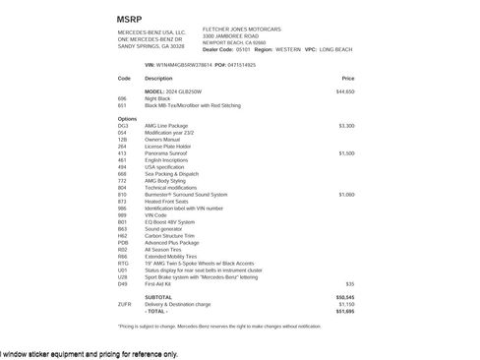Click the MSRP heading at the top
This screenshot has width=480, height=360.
click(128, 19)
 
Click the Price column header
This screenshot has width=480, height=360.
click(348, 78)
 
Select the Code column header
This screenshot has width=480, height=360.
click(123, 78)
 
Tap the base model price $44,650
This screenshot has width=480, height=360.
click(344, 91)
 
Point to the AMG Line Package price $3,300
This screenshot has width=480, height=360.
click(346, 126)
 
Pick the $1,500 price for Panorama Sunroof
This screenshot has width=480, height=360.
click(346, 153)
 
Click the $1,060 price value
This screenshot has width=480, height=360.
click(346, 195)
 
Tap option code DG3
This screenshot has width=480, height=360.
click(122, 126)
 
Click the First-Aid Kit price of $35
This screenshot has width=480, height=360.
click(349, 283)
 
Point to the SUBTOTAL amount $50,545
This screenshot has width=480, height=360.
click(344, 297)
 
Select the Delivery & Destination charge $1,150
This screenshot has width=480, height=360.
click(346, 304)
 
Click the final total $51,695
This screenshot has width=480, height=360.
click(344, 311)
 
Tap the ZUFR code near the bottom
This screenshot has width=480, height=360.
click(124, 304)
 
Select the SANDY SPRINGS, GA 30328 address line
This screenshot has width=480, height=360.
click(150, 46)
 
